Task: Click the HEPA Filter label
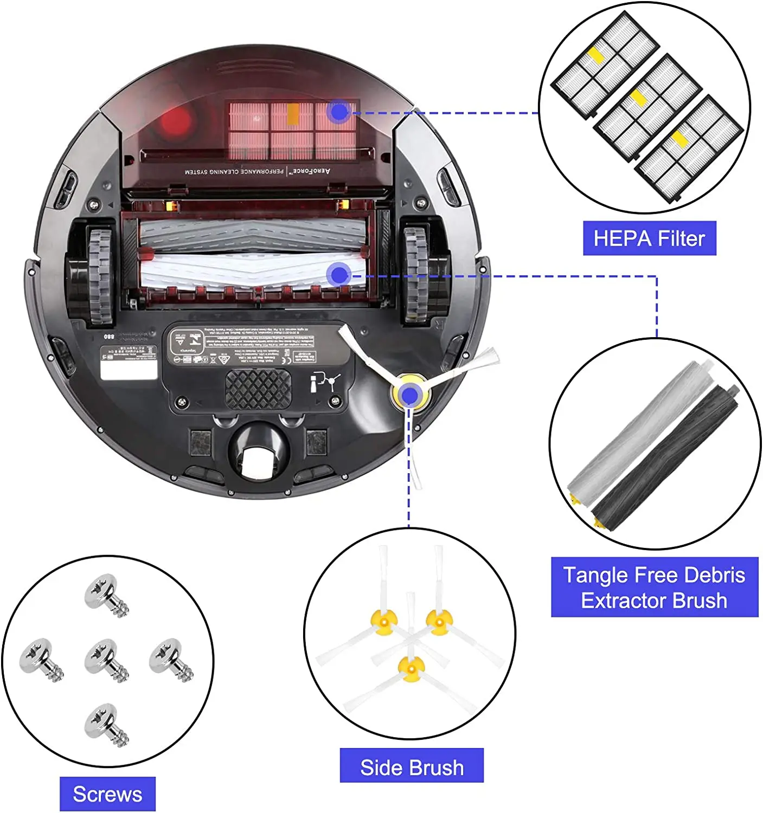[x=649, y=238]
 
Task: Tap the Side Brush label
[x=412, y=767]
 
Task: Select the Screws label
[x=107, y=794]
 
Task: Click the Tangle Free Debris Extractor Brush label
[x=654, y=588]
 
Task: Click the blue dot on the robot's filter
[x=339, y=112]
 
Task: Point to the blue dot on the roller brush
[x=339, y=275]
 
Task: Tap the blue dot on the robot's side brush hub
[x=411, y=396]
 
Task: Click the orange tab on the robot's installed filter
[x=293, y=114]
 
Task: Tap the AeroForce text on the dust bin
[x=311, y=171]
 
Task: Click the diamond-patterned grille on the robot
[x=258, y=389]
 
